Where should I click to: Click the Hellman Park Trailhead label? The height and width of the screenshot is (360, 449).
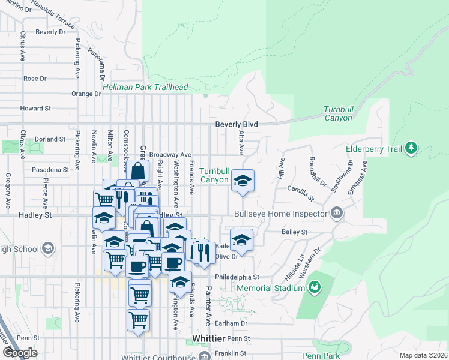point(145,87)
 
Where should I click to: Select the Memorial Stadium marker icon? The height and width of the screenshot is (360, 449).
point(314,288)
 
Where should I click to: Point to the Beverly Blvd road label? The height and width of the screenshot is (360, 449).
point(237,124)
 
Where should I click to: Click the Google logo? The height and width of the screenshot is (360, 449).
point(20,353)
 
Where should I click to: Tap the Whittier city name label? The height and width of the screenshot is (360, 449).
point(208,338)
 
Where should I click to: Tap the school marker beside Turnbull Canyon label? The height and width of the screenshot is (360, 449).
point(243,180)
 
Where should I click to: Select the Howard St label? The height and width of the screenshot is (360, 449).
point(35,109)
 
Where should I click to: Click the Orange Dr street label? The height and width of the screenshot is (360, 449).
point(86,94)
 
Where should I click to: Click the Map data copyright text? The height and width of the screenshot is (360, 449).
point(423,355)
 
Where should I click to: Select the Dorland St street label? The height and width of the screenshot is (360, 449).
point(50,139)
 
